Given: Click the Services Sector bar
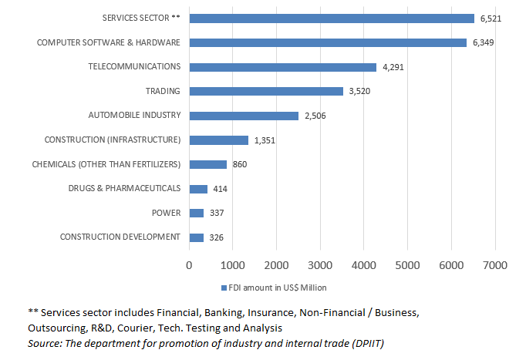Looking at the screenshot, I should (332, 18).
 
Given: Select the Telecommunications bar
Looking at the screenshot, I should (282, 67).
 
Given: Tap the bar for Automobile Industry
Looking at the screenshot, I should (244, 116).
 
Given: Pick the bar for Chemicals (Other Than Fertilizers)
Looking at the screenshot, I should (207, 164).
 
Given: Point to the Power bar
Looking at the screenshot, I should (196, 213).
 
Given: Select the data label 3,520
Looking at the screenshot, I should (360, 91).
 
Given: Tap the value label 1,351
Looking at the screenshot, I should (263, 140).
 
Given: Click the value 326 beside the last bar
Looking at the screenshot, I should (216, 237).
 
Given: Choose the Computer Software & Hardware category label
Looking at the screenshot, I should (109, 42).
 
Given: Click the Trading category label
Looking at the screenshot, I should (162, 91).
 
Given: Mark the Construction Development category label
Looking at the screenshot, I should (120, 237).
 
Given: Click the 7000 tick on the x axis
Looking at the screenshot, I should (495, 265).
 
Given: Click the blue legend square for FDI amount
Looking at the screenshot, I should (224, 288).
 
